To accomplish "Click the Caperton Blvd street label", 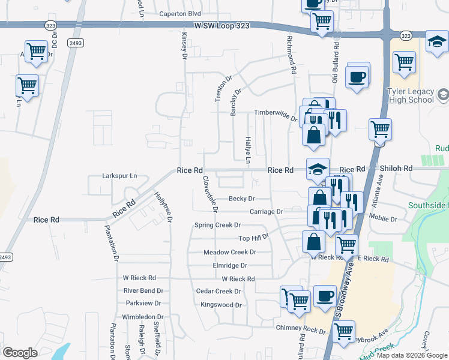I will click(180, 13).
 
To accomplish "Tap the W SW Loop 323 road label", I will click(220, 26).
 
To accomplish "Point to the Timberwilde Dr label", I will click(276, 112).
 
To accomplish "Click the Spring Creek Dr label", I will click(217, 225).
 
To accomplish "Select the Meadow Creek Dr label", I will click(230, 253).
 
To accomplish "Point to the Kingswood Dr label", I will click(221, 305).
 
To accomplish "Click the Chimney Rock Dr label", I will click(300, 329).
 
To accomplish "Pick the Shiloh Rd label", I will click(395, 169).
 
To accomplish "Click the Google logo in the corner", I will click(20, 352).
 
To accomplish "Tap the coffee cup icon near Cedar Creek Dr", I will click(325, 296).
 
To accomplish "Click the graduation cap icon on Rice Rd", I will click(318, 169).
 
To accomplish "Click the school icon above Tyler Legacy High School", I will click(436, 41).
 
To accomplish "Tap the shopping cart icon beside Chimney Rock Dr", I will click(343, 331).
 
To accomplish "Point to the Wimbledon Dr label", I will click(143, 317).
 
